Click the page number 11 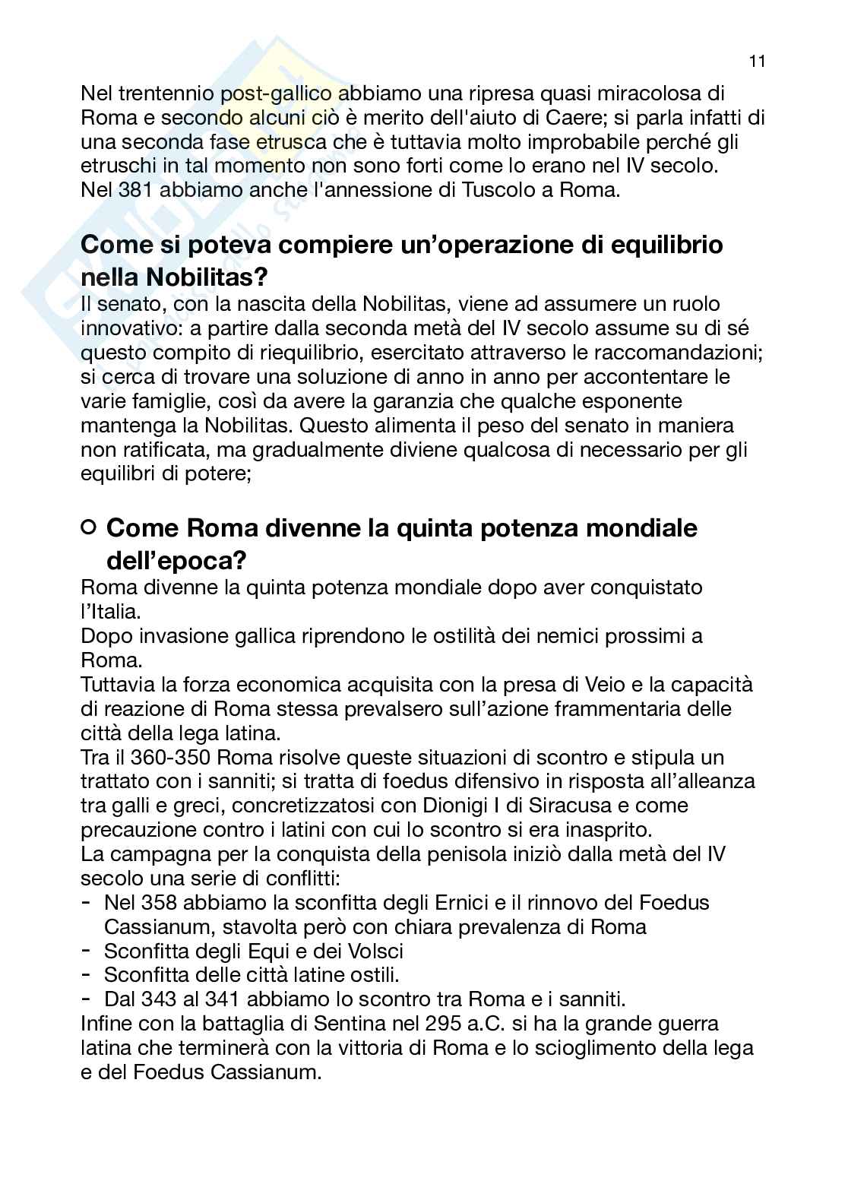click(756, 62)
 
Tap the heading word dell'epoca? click(176, 561)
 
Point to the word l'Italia click(110, 611)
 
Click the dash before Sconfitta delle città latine click(87, 974)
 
